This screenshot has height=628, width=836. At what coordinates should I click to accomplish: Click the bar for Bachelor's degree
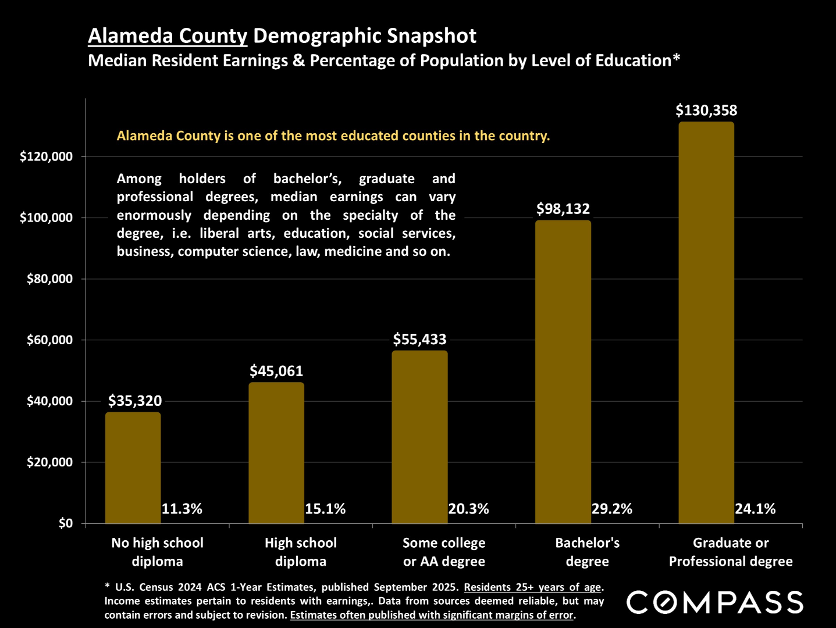(563, 372)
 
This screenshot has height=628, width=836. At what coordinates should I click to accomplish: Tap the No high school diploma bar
(133, 468)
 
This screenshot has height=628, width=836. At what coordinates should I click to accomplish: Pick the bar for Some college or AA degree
(419, 437)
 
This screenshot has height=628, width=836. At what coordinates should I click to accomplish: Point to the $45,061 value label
(276, 371)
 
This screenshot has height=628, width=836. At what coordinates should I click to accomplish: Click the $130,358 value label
(706, 110)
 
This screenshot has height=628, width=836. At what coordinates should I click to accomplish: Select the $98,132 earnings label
(563, 209)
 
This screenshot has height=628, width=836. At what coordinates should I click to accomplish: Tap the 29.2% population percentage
(611, 509)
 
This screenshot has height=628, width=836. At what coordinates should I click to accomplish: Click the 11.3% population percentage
(182, 509)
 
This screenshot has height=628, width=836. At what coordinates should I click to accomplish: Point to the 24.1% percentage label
(755, 509)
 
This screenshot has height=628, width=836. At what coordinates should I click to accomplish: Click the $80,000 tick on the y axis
(49, 279)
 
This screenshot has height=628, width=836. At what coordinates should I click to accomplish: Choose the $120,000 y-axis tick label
(46, 156)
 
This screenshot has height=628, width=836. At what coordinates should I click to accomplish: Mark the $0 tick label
(65, 523)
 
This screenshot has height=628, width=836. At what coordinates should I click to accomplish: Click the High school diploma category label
(300, 552)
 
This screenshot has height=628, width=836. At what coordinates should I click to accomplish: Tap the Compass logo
(714, 602)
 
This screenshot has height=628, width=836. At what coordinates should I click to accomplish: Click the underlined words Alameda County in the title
(168, 36)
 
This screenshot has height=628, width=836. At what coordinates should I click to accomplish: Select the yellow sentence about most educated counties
(333, 136)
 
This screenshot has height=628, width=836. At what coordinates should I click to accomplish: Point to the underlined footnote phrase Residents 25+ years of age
(532, 587)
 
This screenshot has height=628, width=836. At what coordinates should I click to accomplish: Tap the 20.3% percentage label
(468, 509)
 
